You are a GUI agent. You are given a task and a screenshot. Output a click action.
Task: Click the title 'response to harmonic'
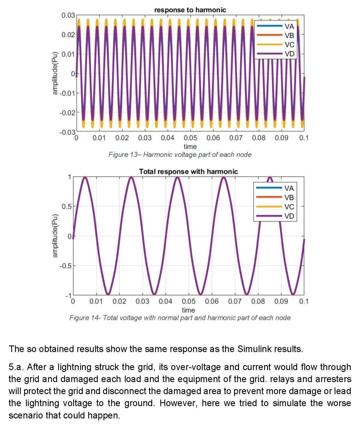point(190,10)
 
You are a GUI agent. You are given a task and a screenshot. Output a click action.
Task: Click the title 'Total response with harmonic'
point(188,171)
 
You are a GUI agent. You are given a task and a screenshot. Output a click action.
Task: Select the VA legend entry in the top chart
point(289,26)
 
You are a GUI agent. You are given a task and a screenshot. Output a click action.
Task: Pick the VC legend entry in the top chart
point(289,45)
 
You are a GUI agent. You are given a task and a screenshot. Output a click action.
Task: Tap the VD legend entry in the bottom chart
point(289,216)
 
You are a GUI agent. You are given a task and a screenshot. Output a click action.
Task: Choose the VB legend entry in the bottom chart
point(289,198)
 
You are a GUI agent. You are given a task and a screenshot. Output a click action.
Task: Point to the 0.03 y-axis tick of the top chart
point(68,15)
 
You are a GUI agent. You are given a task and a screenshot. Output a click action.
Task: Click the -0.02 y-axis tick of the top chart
point(67,113)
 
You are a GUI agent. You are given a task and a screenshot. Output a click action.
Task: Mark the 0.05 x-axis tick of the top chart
point(190,138)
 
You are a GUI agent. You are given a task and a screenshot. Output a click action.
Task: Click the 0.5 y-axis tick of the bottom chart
point(66,207)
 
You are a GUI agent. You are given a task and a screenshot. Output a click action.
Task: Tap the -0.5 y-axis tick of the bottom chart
point(66,266)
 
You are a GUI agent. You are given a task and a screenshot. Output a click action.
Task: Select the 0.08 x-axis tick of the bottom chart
point(258,301)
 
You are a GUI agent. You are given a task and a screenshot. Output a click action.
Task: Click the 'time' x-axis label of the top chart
point(190,146)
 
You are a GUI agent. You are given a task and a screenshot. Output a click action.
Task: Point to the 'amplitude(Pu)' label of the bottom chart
point(55,236)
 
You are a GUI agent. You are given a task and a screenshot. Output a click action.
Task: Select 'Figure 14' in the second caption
point(85,318)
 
